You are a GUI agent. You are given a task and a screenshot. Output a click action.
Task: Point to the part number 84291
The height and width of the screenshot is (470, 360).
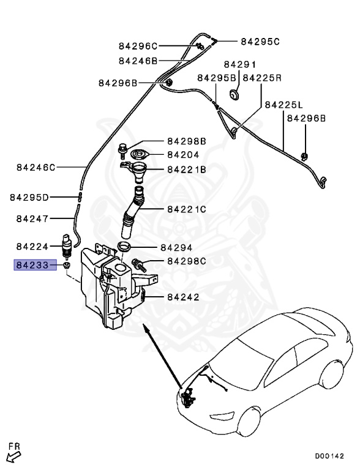click(239, 64)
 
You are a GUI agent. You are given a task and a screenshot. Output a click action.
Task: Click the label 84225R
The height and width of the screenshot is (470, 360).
click(262, 78)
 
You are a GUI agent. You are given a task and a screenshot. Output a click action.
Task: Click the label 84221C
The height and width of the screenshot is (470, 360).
click(187, 209)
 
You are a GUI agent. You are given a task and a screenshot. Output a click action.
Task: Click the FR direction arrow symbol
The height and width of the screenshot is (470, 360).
click(13, 455)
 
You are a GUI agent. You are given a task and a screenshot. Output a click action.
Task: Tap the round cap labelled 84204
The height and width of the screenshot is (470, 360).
click(140, 155)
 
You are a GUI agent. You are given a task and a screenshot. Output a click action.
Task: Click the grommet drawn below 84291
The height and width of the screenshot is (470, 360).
click(234, 94)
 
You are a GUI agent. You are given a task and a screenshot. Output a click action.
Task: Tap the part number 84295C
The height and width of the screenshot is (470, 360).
click(260, 42)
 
